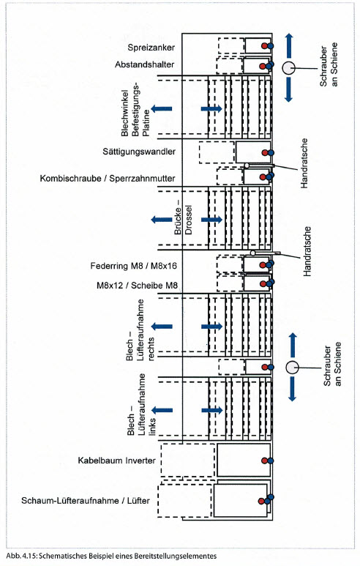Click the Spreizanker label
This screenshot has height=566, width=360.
151,48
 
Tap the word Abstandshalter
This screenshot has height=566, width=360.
145,64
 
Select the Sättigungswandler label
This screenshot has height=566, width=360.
139,152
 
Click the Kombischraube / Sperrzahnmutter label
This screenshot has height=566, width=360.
108,179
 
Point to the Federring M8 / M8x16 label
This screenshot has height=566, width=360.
133,266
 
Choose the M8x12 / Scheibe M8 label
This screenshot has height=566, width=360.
137,285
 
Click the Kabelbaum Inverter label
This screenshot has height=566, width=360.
116,461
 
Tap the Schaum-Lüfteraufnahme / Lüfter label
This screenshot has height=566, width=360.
86,501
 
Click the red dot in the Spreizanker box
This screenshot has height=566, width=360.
264,46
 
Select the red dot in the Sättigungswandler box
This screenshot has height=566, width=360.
265,153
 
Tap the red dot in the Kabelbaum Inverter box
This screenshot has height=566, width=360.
264,461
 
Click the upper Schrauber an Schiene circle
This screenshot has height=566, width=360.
288,68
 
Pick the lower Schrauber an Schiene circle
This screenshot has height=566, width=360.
292,368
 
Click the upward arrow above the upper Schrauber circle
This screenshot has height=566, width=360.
289,45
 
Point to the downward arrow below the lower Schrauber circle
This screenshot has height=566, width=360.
292,389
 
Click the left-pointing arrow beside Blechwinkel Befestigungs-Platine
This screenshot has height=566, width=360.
161,108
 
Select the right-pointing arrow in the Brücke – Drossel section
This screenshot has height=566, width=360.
211,220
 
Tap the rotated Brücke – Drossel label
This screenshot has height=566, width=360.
183,220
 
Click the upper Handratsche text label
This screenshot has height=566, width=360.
304,163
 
